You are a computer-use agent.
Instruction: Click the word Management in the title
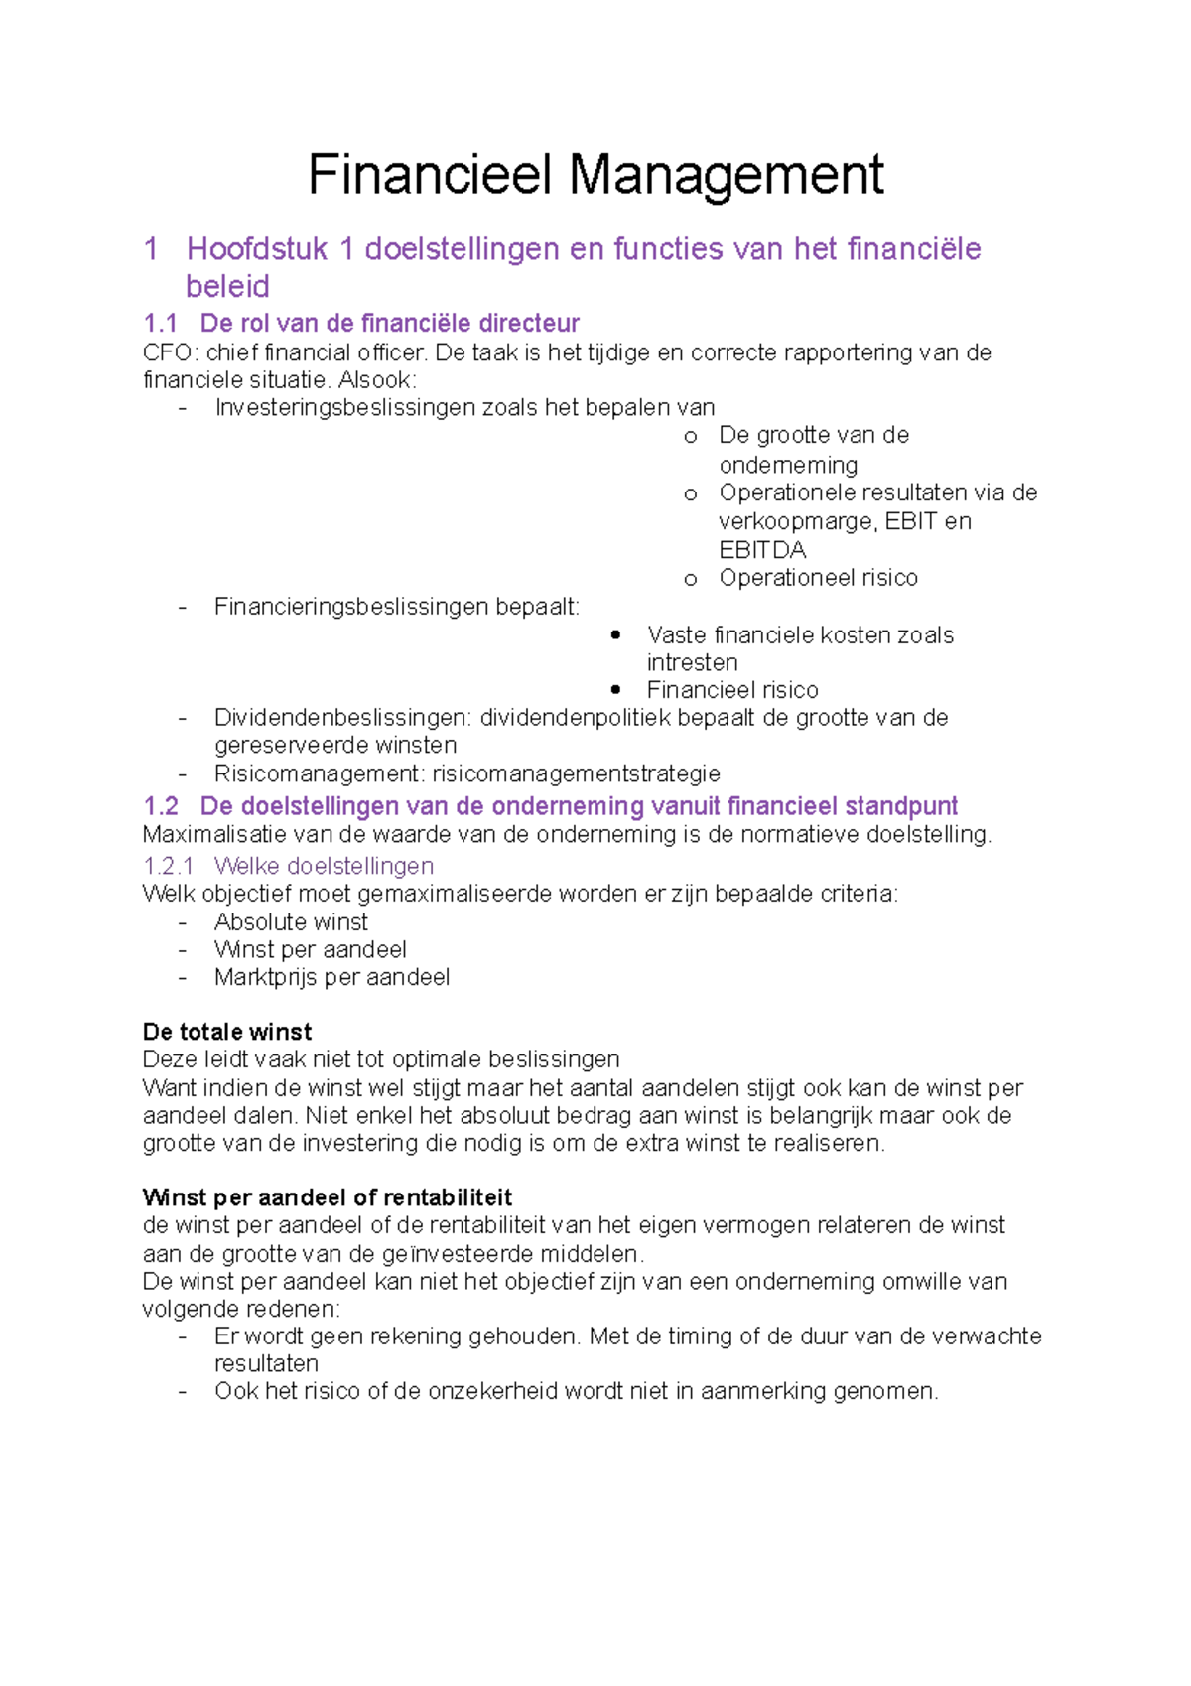point(725,175)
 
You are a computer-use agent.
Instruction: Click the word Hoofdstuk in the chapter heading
point(256,248)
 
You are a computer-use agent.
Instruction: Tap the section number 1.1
point(160,323)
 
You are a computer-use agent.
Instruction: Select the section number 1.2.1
point(168,866)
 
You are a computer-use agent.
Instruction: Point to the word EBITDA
point(761,550)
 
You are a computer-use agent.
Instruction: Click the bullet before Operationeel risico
point(690,579)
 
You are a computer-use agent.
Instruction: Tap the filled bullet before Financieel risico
point(616,689)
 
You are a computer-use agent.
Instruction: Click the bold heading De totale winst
point(227,1032)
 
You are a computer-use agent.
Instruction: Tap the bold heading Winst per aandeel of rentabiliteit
point(328,1197)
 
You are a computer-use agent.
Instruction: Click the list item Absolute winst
point(291,922)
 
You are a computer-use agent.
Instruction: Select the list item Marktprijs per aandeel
point(331,978)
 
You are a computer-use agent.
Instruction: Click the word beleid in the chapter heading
point(227,287)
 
